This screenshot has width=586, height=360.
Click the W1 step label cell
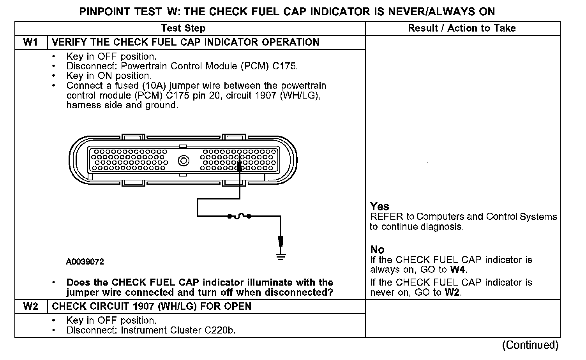pyautogui.click(x=31, y=42)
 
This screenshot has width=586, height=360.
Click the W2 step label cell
pyautogui.click(x=31, y=307)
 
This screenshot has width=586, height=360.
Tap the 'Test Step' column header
pyautogui.click(x=183, y=28)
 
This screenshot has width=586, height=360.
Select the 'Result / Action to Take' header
pyautogui.click(x=462, y=28)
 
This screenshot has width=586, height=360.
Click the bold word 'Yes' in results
pyautogui.click(x=380, y=206)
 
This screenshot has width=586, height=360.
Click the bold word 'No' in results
pyautogui.click(x=377, y=250)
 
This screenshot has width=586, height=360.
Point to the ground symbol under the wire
pyautogui.click(x=281, y=256)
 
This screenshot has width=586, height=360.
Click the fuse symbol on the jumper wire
pyautogui.click(x=239, y=215)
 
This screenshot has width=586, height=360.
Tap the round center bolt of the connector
pyautogui.click(x=183, y=161)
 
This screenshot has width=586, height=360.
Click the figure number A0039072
pyautogui.click(x=85, y=262)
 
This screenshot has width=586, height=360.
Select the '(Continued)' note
pyautogui.click(x=530, y=345)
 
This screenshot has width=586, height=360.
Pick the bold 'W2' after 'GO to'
pyautogui.click(x=452, y=293)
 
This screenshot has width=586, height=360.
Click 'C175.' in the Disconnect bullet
pyautogui.click(x=285, y=66)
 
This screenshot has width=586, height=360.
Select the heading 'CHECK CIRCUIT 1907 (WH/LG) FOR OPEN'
pyautogui.click(x=152, y=307)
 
